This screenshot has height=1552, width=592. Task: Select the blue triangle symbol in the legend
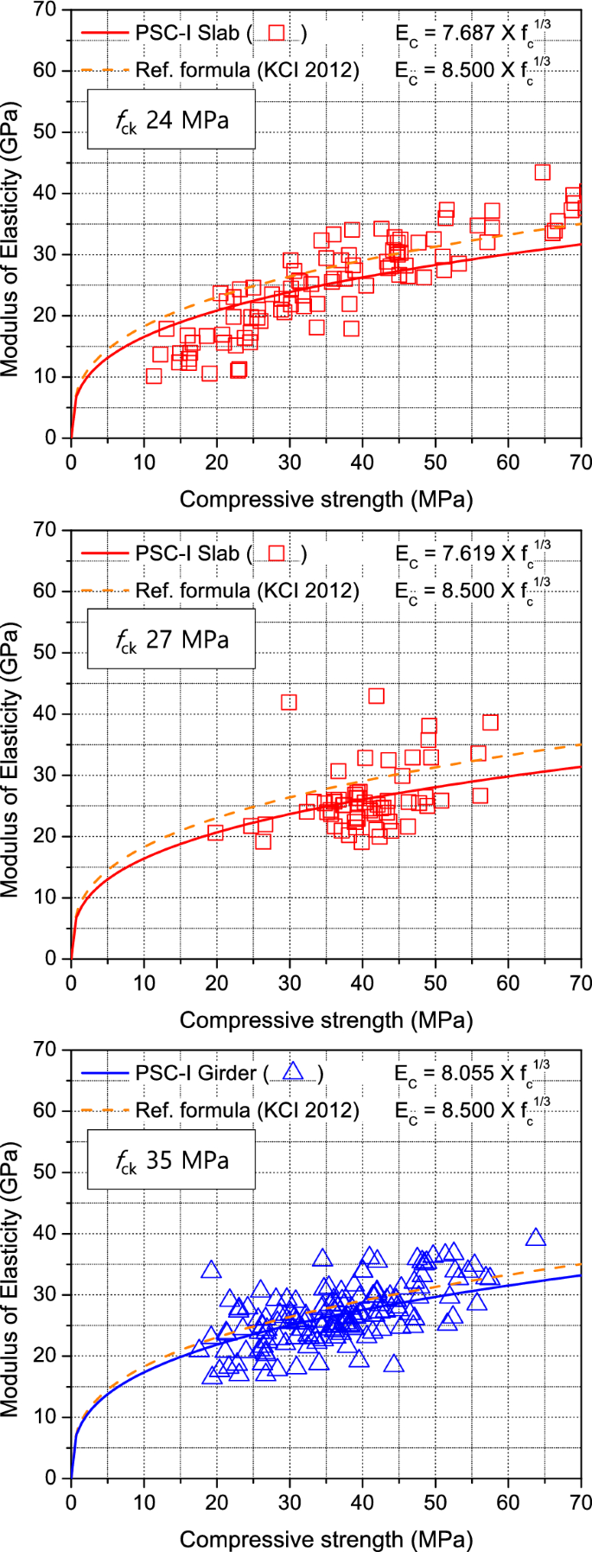coord(294,1071)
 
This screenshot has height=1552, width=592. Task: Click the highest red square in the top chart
coord(542,172)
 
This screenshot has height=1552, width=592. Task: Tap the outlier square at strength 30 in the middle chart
coord(289,702)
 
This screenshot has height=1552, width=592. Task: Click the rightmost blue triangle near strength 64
coord(536,1237)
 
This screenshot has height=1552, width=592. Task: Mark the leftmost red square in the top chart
coord(154,376)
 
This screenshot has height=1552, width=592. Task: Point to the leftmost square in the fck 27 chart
coord(215,833)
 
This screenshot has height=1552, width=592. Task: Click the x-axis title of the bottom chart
coord(326,1539)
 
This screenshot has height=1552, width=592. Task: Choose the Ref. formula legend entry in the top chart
coord(246,70)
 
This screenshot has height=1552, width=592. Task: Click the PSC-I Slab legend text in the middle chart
coord(186,552)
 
